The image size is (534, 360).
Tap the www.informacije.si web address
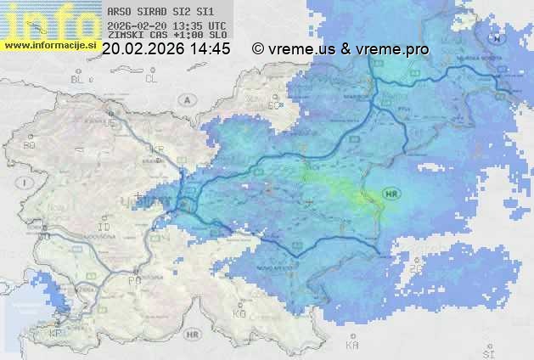click(50, 44)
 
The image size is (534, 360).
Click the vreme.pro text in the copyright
click(391, 49)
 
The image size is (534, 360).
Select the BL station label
click(79, 79)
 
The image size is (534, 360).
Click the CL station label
click(152, 79)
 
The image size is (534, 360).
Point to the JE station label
click(109, 123)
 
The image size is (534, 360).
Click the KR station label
click(157, 149)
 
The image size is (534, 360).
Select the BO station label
click(29, 146)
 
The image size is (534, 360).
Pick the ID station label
click(105, 228)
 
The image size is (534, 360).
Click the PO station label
click(133, 279)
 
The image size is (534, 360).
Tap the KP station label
click(56, 334)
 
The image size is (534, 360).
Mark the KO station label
click(239, 313)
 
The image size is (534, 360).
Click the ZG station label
click(414, 269)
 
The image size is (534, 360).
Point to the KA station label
click(351, 346)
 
